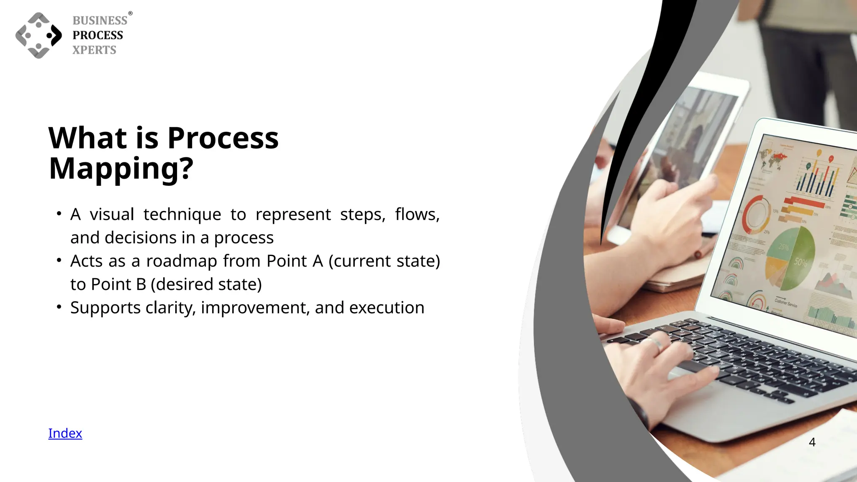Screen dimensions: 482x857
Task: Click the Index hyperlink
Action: (x=65, y=433)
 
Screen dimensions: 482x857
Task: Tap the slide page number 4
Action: (x=812, y=442)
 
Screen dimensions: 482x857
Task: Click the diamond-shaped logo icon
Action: (x=38, y=36)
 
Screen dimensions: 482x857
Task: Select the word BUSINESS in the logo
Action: (x=100, y=21)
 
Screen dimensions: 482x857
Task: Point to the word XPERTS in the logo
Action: (x=94, y=50)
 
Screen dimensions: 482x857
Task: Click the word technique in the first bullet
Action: (x=182, y=214)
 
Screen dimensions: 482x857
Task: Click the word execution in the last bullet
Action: (x=387, y=308)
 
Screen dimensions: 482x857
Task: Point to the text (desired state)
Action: (x=206, y=285)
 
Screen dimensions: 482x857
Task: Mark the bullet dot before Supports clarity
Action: (x=59, y=307)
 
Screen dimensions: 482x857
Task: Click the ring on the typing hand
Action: (x=656, y=344)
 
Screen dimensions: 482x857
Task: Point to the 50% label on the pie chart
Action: (x=801, y=262)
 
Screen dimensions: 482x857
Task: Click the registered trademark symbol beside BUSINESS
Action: (x=130, y=13)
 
